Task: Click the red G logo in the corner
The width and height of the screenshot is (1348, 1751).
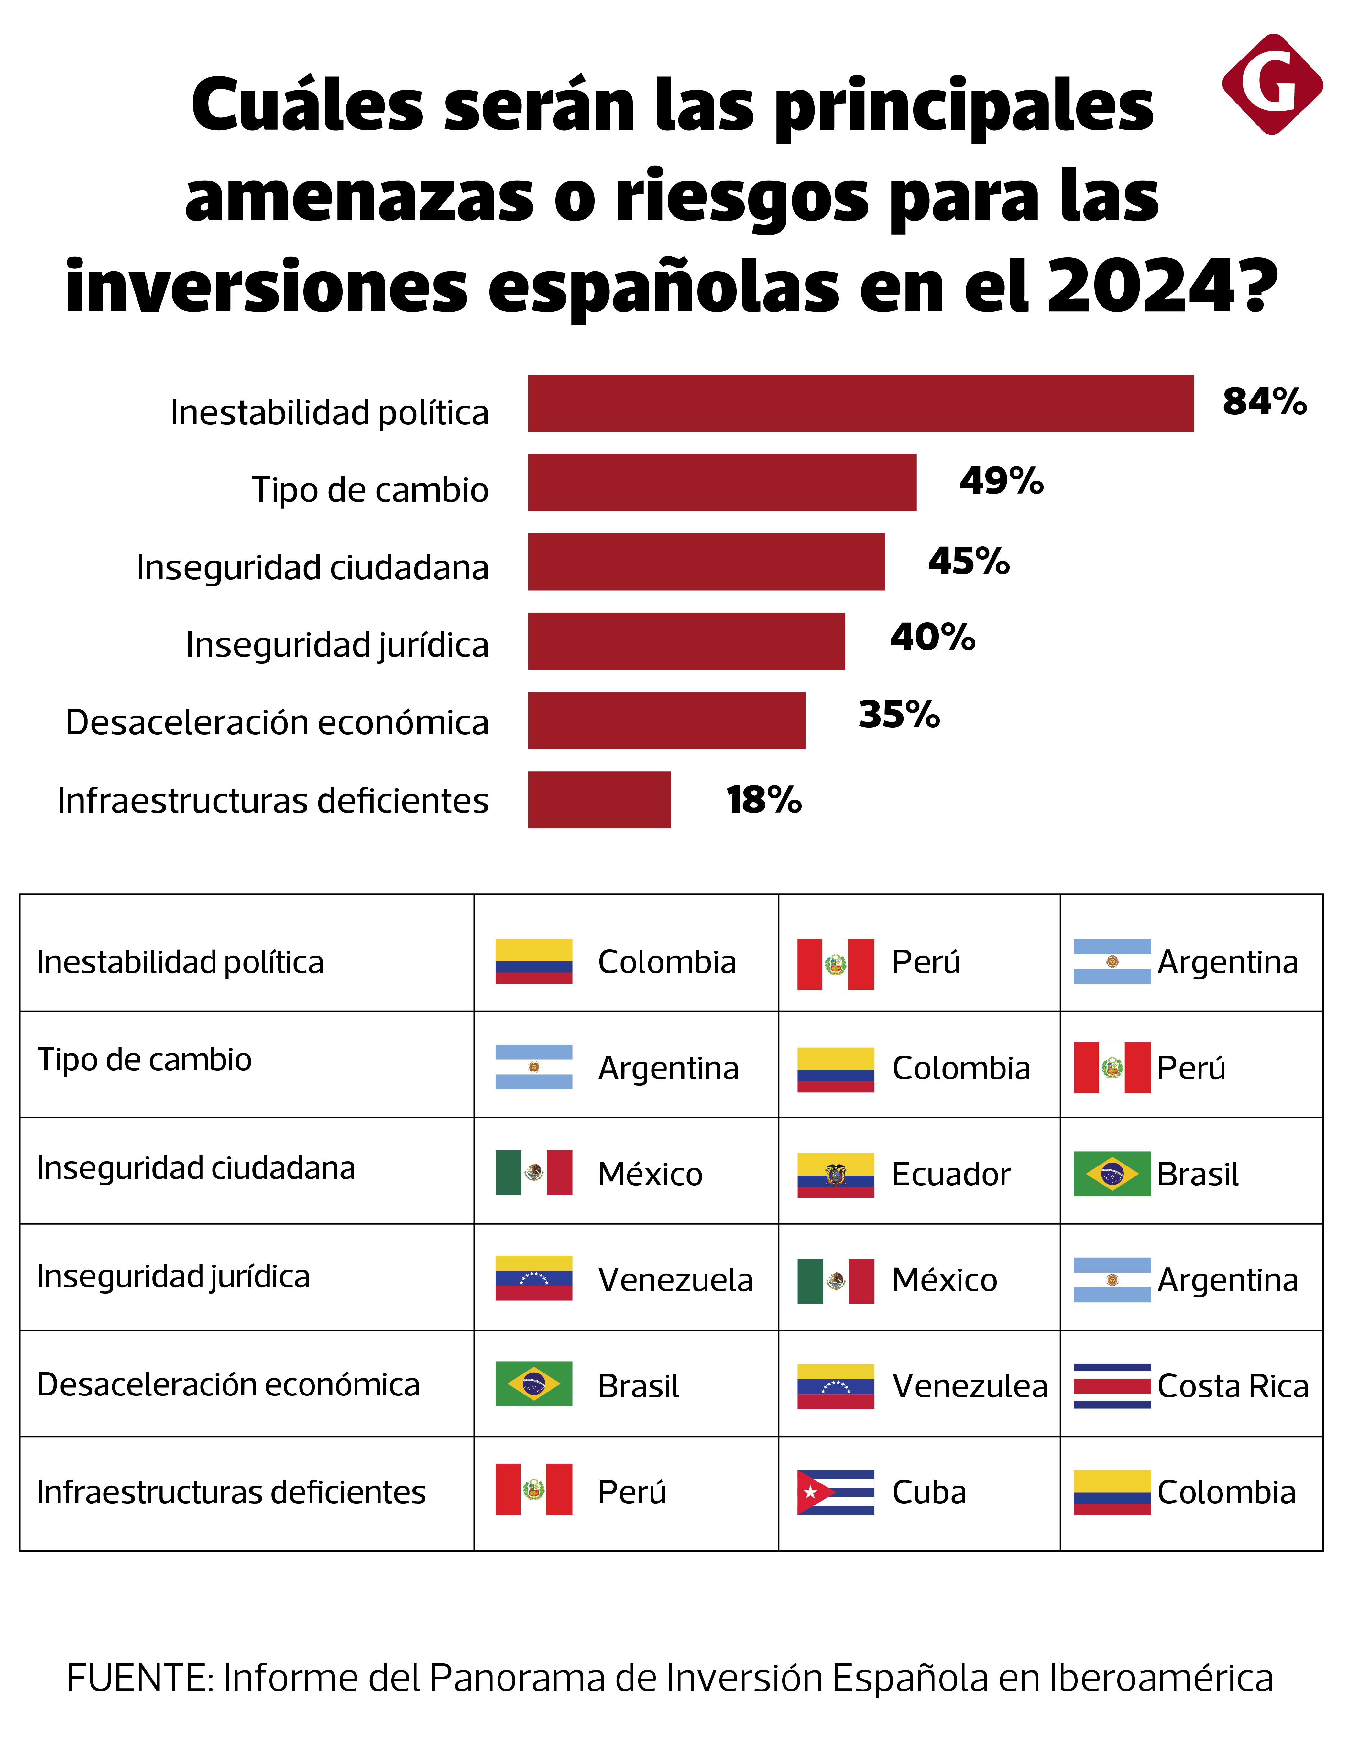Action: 1272,84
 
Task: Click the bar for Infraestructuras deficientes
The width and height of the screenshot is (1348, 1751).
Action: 599,799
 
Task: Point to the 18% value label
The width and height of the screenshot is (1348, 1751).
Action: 763,799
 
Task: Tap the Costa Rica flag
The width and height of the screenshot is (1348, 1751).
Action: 1112,1385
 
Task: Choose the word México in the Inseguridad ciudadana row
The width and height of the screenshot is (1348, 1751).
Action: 650,1175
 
